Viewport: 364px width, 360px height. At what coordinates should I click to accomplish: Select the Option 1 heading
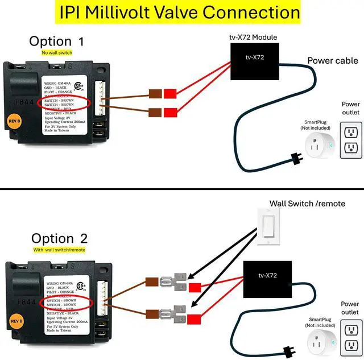pos(57,41)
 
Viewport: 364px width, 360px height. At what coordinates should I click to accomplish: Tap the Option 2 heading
pos(60,238)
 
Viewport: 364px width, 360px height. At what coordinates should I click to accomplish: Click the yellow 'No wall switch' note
pos(57,52)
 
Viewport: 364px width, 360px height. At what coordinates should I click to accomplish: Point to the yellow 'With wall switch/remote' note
pos(59,250)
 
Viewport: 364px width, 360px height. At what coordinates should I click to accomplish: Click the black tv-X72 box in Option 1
pos(254,60)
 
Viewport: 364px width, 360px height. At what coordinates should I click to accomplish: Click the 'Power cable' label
pos(333,61)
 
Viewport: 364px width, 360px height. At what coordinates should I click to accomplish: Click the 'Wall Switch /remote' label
pos(307,203)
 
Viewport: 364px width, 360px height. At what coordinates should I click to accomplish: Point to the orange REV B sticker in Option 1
pos(15,121)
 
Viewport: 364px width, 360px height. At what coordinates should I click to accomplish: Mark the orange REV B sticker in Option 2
pos(15,321)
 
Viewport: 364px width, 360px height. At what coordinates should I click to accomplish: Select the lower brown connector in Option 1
pos(155,113)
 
